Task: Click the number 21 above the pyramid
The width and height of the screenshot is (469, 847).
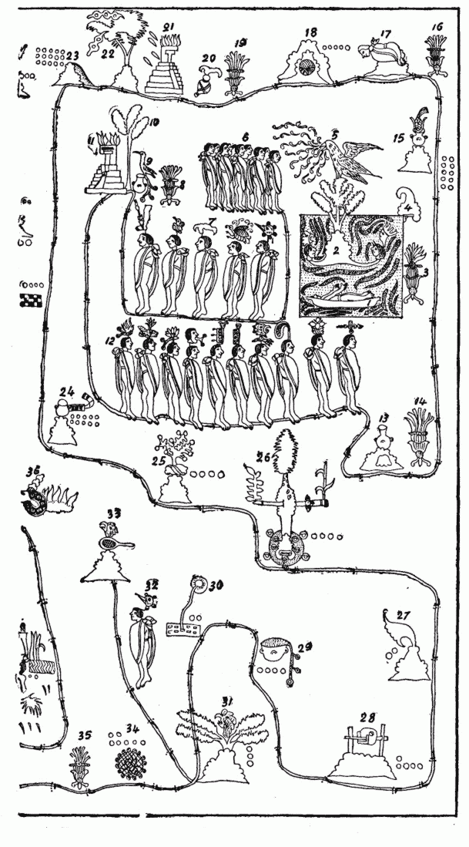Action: (x=168, y=29)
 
